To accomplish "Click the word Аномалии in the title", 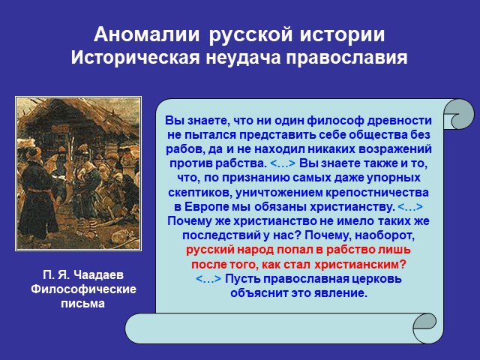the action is click(x=147, y=34).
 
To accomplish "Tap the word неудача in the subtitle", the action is click(x=243, y=57).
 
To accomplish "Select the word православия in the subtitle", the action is click(x=346, y=58).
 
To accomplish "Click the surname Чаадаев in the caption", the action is click(x=98, y=274).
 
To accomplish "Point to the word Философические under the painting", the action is click(x=83, y=289).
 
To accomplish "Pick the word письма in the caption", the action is click(x=83, y=304).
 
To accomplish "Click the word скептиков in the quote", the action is click(x=200, y=193).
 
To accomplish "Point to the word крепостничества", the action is click(x=376, y=193).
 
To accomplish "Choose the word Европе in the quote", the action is click(x=207, y=207).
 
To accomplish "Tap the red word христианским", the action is click(x=360, y=265).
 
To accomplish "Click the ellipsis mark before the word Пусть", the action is click(x=208, y=279).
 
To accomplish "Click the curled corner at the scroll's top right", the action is click(x=458, y=114).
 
